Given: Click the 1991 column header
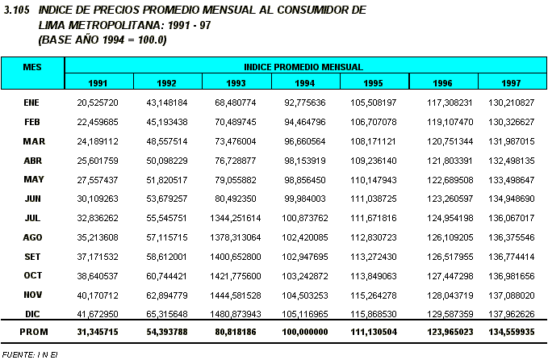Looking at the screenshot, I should [98, 82].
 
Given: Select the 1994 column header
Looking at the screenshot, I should [306, 82].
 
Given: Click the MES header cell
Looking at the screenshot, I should [33, 66].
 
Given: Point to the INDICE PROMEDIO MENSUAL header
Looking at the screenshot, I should [304, 66].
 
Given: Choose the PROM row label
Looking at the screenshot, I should [33, 331].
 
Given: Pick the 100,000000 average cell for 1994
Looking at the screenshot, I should [306, 331].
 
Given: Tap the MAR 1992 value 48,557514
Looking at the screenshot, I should [167, 141].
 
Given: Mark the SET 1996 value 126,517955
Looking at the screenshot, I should [444, 256].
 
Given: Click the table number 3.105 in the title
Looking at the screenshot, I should [17, 10].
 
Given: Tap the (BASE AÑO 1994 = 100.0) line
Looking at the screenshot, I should [102, 39].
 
